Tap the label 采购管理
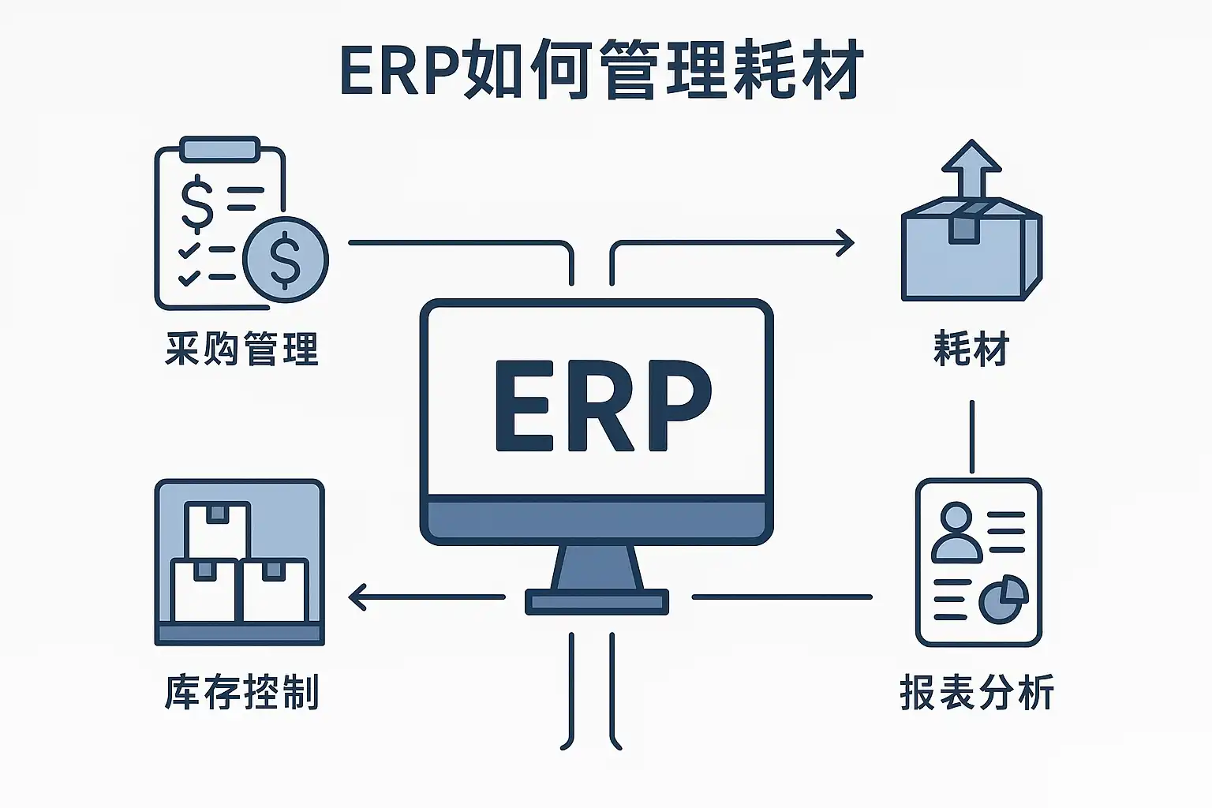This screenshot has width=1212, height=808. (241, 349)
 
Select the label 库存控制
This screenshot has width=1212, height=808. (241, 693)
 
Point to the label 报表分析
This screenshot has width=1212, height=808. (977, 693)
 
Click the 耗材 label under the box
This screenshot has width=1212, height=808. (971, 349)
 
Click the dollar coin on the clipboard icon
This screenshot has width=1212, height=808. (285, 259)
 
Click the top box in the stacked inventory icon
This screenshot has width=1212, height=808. (217, 529)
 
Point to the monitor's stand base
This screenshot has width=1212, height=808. (597, 602)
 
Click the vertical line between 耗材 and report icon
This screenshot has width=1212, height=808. (971, 436)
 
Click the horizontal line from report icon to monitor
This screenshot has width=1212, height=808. (782, 597)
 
